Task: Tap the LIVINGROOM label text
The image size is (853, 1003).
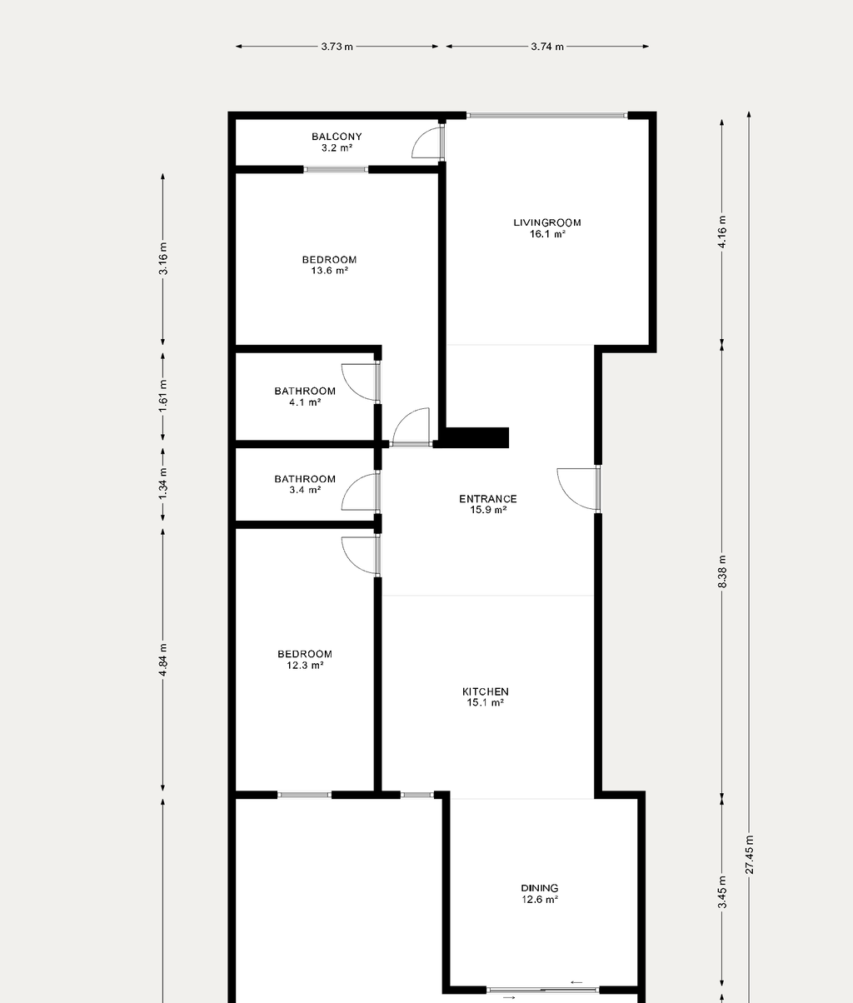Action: pos(547,222)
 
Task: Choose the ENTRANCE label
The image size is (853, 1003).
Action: pos(488,499)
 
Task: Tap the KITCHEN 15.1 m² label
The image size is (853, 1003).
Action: pos(485,697)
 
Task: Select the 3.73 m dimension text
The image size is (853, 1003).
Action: pos(337,47)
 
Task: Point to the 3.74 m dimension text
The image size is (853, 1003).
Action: pos(547,47)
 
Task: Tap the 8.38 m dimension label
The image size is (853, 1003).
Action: pos(722,571)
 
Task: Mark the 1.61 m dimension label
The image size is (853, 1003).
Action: pos(163,397)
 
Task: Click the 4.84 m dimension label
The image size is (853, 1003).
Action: pos(163,660)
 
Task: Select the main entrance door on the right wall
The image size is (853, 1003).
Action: pos(578,489)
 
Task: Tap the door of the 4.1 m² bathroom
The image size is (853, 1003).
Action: pos(360,383)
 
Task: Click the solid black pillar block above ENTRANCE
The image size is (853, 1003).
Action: pos(477,437)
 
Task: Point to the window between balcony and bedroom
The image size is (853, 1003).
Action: pos(336,169)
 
